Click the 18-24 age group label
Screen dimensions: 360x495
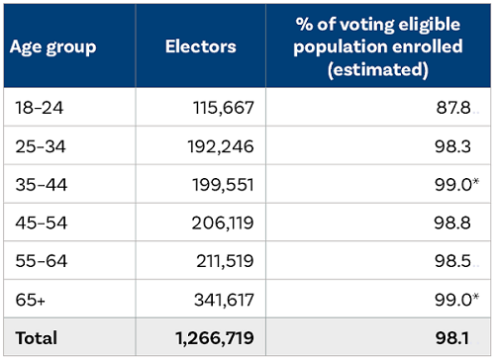tap(38, 108)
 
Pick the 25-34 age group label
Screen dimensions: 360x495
tap(39, 146)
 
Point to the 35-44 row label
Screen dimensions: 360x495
tap(39, 184)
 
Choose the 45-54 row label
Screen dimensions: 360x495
tap(39, 223)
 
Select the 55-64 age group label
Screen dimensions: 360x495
tap(39, 261)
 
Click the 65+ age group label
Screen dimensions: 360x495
tap(31, 299)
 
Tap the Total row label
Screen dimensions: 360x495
tap(37, 337)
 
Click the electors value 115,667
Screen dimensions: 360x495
tap(222, 108)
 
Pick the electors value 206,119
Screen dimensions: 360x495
tap(222, 223)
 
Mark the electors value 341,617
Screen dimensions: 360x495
tap(222, 299)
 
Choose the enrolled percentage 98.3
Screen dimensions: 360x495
tap(458, 146)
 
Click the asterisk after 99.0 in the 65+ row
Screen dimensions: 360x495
tap(475, 296)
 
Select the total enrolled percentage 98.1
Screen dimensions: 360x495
tap(458, 337)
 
